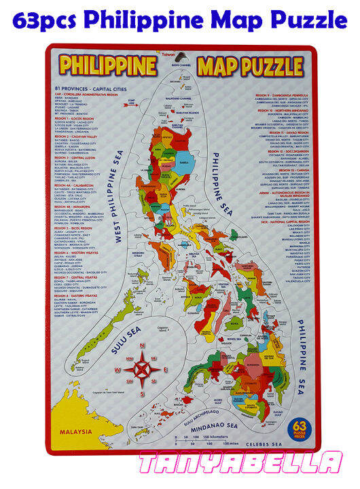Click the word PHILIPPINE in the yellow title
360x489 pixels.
108,67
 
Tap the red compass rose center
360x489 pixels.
142,370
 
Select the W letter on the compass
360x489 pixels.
118,370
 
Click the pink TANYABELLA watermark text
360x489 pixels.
241,464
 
